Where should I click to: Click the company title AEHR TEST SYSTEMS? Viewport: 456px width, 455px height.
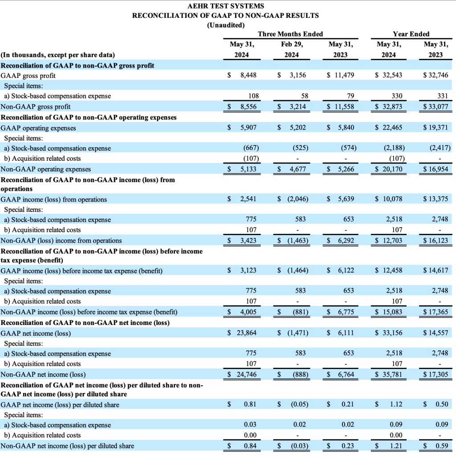point(226,6)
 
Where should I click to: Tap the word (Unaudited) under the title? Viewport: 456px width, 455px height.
point(226,25)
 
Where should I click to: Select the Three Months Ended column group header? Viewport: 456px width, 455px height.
point(290,34)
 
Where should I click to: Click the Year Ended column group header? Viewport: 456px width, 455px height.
point(411,34)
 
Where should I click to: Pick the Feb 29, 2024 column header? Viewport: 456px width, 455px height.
point(291,49)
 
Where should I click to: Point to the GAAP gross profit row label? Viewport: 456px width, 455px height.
point(28,76)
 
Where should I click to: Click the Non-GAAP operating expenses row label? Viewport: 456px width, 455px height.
point(46,169)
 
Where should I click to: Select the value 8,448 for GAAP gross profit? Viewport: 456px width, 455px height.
point(248,76)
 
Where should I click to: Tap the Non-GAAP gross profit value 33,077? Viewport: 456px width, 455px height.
point(438,107)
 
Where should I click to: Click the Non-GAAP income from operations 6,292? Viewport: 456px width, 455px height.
point(345,241)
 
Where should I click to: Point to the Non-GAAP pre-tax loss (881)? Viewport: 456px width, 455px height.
point(298,312)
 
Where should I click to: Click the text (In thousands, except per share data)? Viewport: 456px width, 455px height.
point(58,55)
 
